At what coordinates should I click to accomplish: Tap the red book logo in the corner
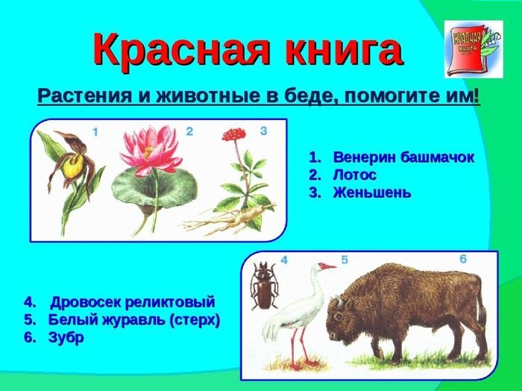point(474,49)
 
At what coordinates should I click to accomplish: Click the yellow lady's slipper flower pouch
point(74,166)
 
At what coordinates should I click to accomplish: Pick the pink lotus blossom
point(151,150)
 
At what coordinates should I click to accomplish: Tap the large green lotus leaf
point(154,188)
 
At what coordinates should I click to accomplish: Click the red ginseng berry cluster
point(233,134)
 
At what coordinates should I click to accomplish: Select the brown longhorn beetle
point(264,286)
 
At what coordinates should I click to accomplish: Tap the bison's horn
point(339,301)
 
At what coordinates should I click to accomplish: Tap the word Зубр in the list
point(66,338)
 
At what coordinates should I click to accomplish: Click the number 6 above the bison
point(463,259)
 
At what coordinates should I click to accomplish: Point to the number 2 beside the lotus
point(189,131)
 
